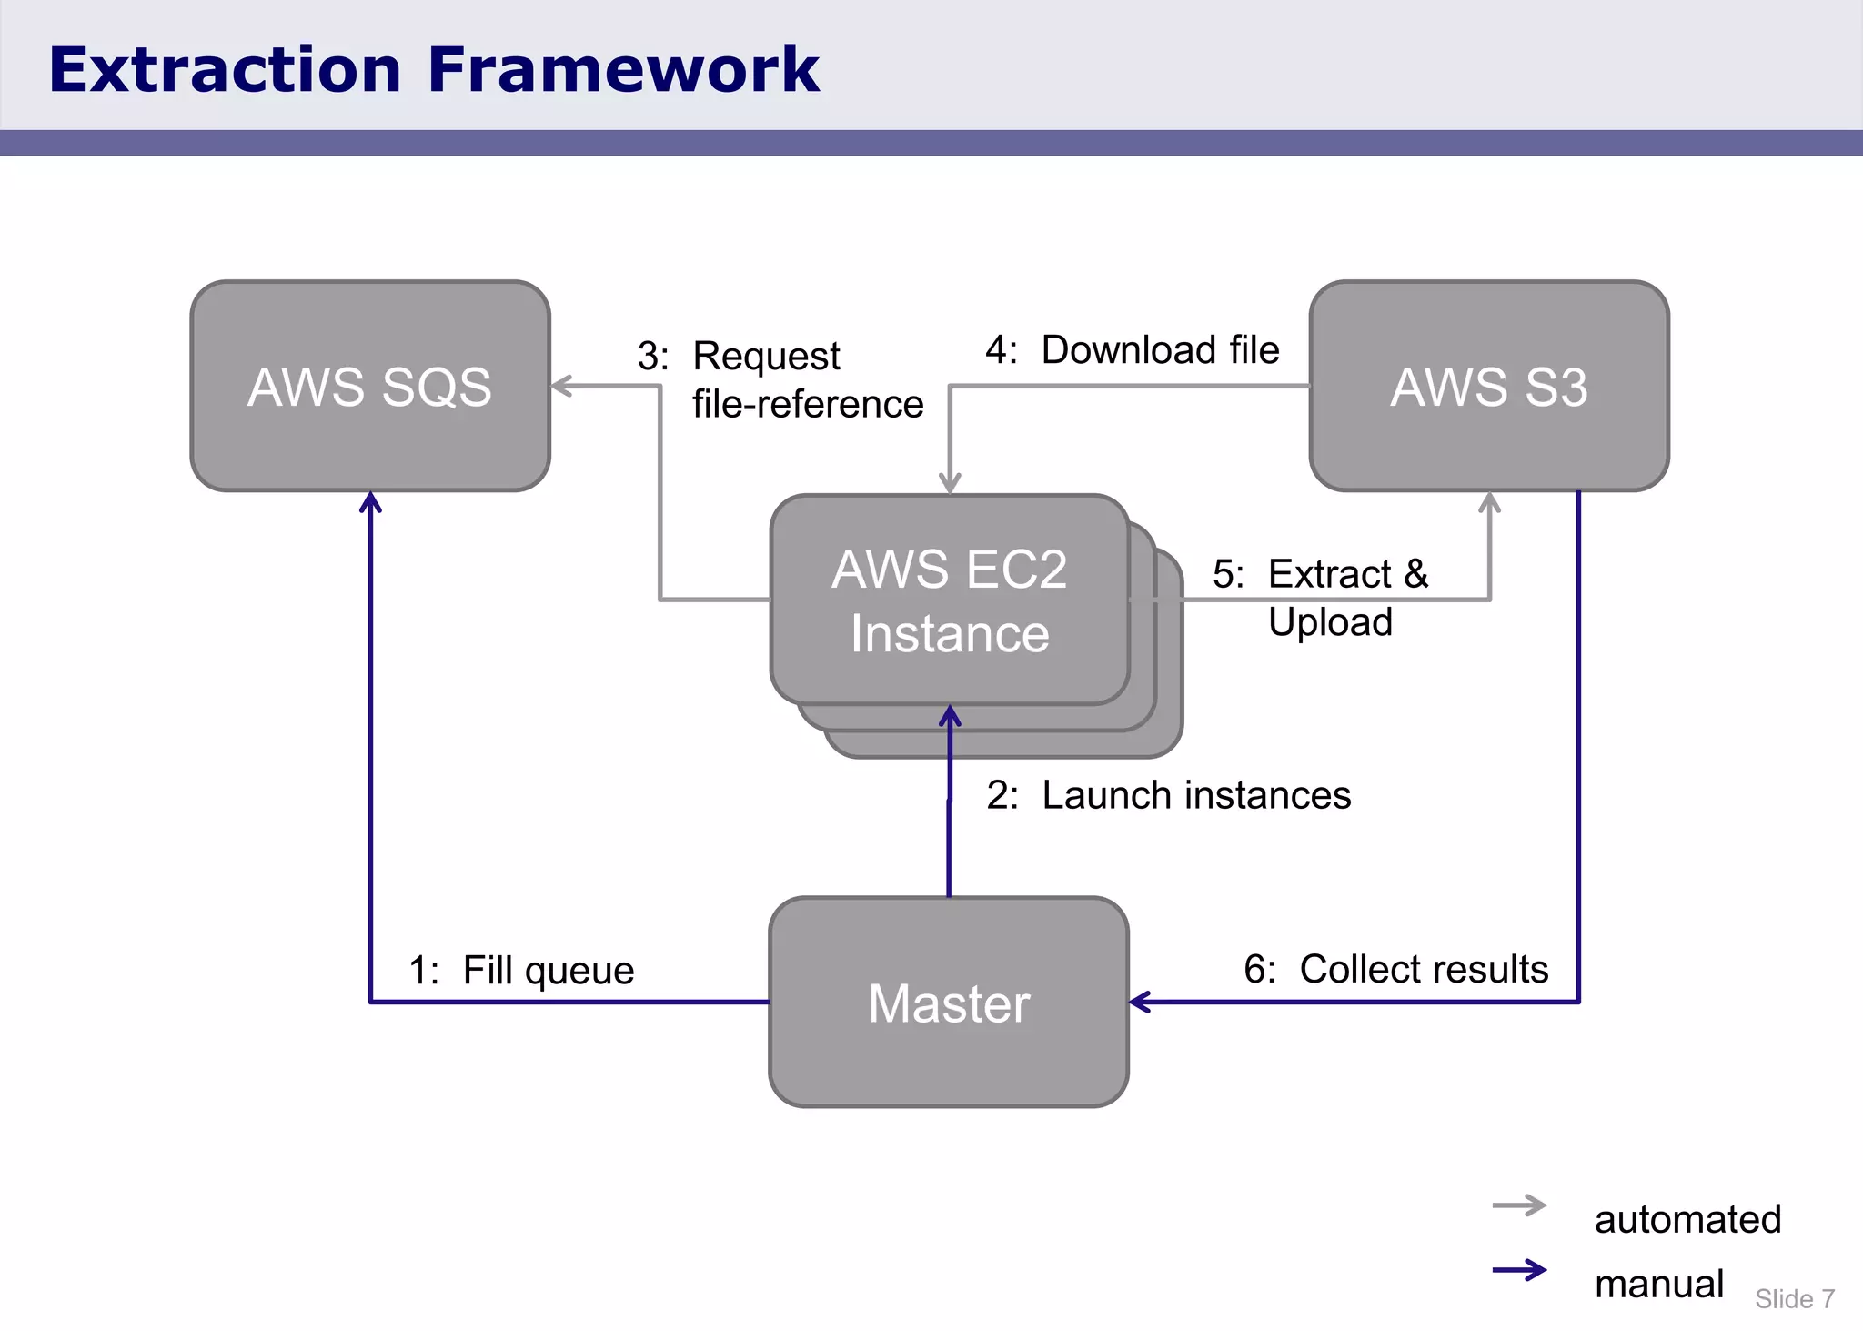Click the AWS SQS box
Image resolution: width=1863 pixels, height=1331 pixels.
coord(369,386)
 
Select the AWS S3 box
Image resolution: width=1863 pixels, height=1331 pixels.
coord(1488,386)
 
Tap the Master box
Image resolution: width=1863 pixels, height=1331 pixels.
coord(949,1003)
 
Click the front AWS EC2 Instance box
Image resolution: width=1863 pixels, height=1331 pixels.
coord(949,600)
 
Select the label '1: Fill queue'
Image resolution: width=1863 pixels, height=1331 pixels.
coord(521,970)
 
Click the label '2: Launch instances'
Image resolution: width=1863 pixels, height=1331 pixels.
coord(1169,795)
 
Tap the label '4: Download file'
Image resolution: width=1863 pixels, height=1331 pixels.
coord(1133,350)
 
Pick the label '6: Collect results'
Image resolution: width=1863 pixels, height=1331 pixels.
coord(1396,969)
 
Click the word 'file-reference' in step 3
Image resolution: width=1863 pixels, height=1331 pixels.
coord(808,404)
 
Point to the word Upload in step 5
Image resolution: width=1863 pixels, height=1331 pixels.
coord(1330,622)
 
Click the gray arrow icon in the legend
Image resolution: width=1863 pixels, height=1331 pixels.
coord(1519,1206)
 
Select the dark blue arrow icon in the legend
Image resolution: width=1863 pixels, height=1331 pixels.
coord(1519,1270)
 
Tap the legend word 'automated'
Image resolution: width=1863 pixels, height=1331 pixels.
coord(1687,1219)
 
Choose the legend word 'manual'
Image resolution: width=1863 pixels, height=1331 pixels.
coord(1658,1284)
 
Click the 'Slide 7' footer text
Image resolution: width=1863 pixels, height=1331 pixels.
coord(1794,1299)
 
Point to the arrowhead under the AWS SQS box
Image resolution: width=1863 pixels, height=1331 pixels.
coord(370,501)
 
